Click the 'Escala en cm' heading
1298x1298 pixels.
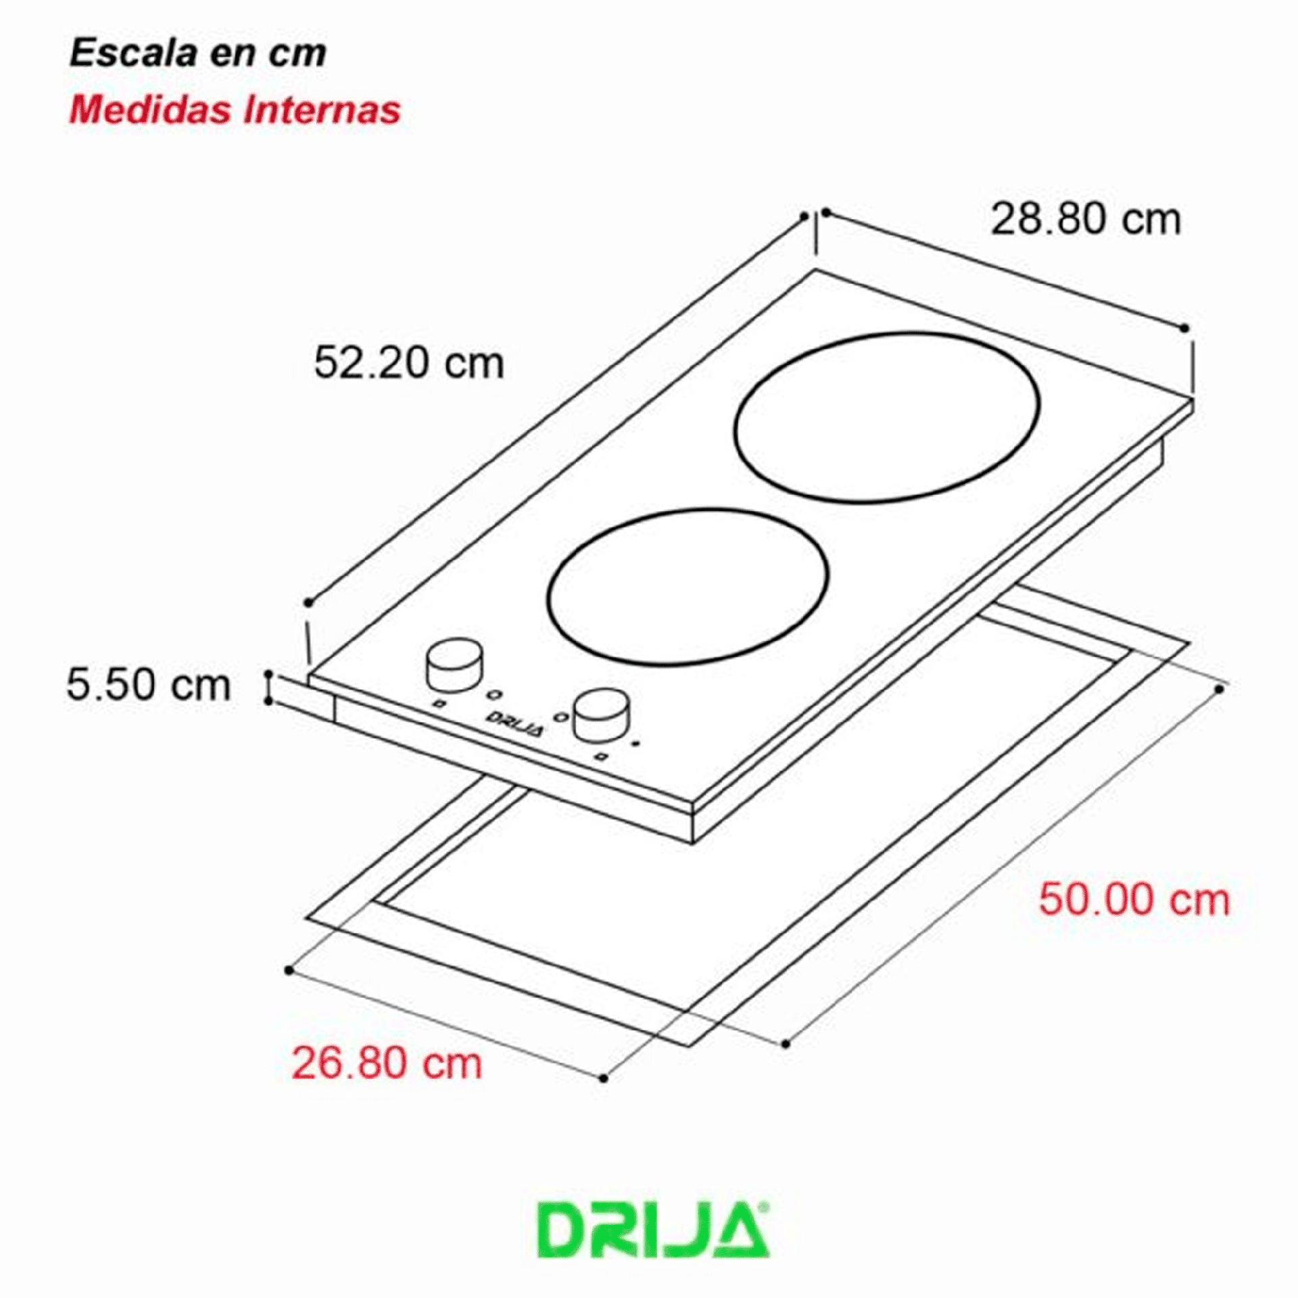point(198,53)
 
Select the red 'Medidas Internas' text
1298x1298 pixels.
point(235,110)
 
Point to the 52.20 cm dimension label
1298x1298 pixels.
point(409,362)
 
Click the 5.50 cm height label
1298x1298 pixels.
point(149,684)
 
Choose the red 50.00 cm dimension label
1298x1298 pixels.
point(1134,900)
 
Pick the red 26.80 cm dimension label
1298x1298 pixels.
point(387,1063)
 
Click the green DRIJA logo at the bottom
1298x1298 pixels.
point(652,1239)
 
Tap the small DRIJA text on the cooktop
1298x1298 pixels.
point(514,723)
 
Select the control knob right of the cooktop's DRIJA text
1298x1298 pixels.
point(602,714)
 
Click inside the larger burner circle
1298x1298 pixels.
point(887,417)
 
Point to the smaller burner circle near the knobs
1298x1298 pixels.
point(688,585)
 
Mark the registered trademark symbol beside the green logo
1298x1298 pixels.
point(765,1205)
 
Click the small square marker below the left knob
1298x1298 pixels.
point(438,704)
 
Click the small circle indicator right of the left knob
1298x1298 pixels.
point(495,695)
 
